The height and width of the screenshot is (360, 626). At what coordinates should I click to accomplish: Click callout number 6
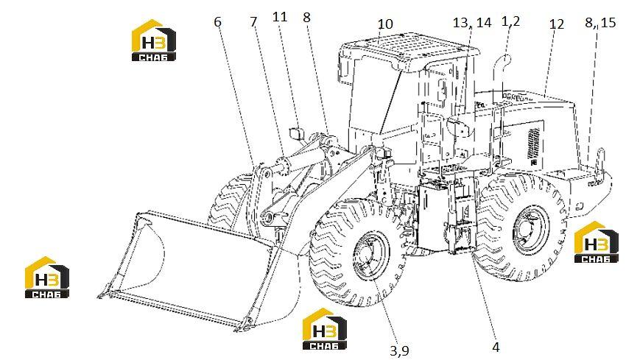[x=217, y=22]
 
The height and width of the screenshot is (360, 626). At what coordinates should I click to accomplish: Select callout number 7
[x=253, y=22]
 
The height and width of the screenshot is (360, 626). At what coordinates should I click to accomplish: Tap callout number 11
[x=280, y=17]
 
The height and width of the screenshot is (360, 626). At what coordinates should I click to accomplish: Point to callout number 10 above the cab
[x=385, y=24]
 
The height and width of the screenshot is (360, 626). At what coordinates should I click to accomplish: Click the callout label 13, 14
[x=472, y=22]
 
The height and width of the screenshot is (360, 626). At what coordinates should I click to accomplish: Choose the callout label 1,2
[x=510, y=21]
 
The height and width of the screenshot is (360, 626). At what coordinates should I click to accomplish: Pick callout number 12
[x=557, y=24]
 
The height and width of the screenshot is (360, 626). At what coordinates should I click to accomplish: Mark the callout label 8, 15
[x=600, y=22]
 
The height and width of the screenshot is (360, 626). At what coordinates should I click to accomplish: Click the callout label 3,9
[x=399, y=350]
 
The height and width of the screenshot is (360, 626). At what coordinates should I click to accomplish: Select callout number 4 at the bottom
[x=496, y=347]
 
